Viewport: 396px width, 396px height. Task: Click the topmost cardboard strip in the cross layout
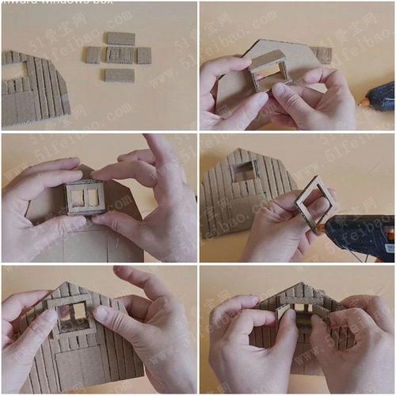coord(120,38)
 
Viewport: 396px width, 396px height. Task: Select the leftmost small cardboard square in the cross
coord(93,55)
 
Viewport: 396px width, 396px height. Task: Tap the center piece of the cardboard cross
coord(120,55)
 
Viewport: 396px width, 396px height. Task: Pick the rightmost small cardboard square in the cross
coord(143,55)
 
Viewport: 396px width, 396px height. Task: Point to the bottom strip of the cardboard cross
coord(120,75)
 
